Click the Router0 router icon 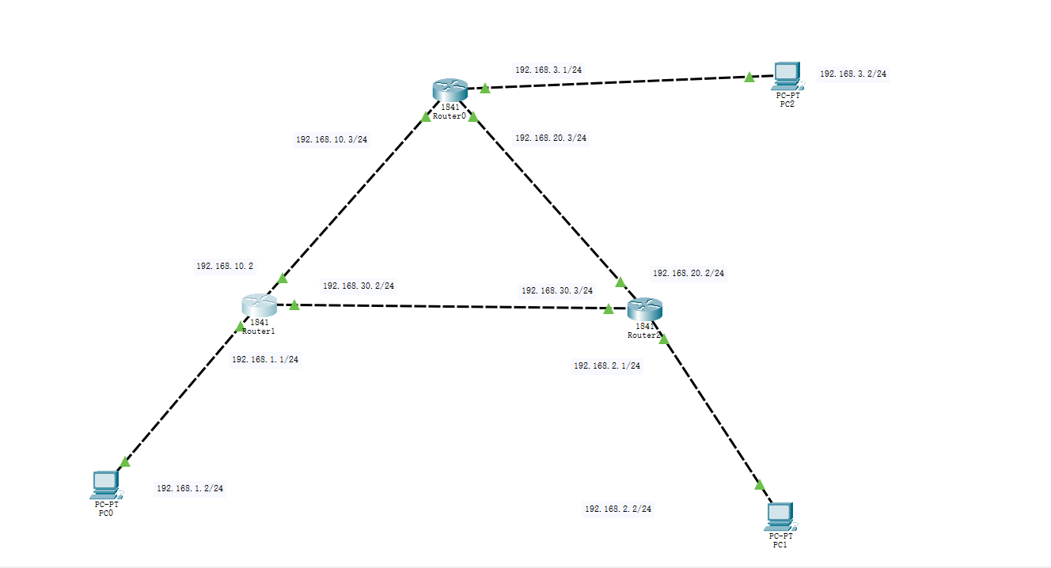tap(450, 89)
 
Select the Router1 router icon tap(260, 304)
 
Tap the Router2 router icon tap(643, 309)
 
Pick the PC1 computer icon tap(780, 516)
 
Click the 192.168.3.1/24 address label tap(549, 70)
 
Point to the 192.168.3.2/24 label tap(852, 74)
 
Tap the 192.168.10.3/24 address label tap(331, 139)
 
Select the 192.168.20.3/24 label tap(550, 138)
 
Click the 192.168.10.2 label tap(225, 267)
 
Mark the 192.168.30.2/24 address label tap(358, 286)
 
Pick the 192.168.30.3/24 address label tap(556, 290)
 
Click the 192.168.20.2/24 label tap(688, 273)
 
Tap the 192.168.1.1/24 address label tap(264, 359)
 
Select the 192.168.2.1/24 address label tap(606, 365)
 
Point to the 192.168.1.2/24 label tap(190, 488)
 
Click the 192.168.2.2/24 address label tap(618, 509)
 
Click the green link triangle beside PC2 tap(749, 77)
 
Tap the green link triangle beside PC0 tap(124, 461)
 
